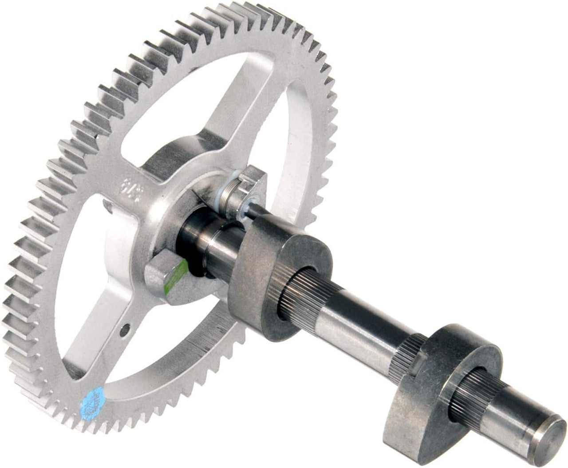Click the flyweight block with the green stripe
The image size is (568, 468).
click(166, 277)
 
